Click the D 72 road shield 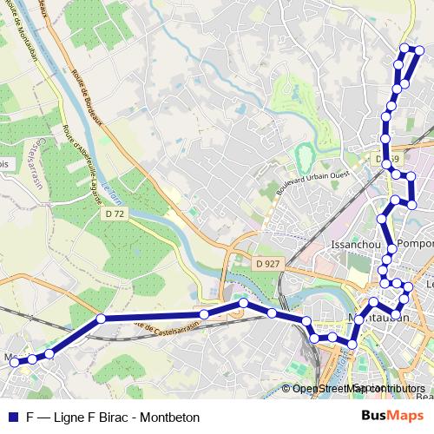115,213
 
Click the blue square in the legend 13,418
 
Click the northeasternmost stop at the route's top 419,49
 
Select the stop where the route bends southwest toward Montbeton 101,319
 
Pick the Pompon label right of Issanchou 416,245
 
